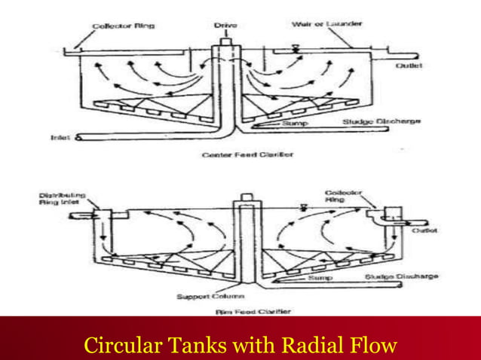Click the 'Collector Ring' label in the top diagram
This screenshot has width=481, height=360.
coord(124,26)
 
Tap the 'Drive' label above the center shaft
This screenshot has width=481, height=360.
coord(225,25)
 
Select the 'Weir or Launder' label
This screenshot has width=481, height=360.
coord(327,23)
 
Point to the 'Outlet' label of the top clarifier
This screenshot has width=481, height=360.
coord(409,66)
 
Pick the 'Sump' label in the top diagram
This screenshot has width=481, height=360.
coord(292,122)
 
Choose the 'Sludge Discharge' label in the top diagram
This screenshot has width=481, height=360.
coord(381,121)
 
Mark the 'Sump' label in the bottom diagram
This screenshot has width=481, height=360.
coord(317,277)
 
